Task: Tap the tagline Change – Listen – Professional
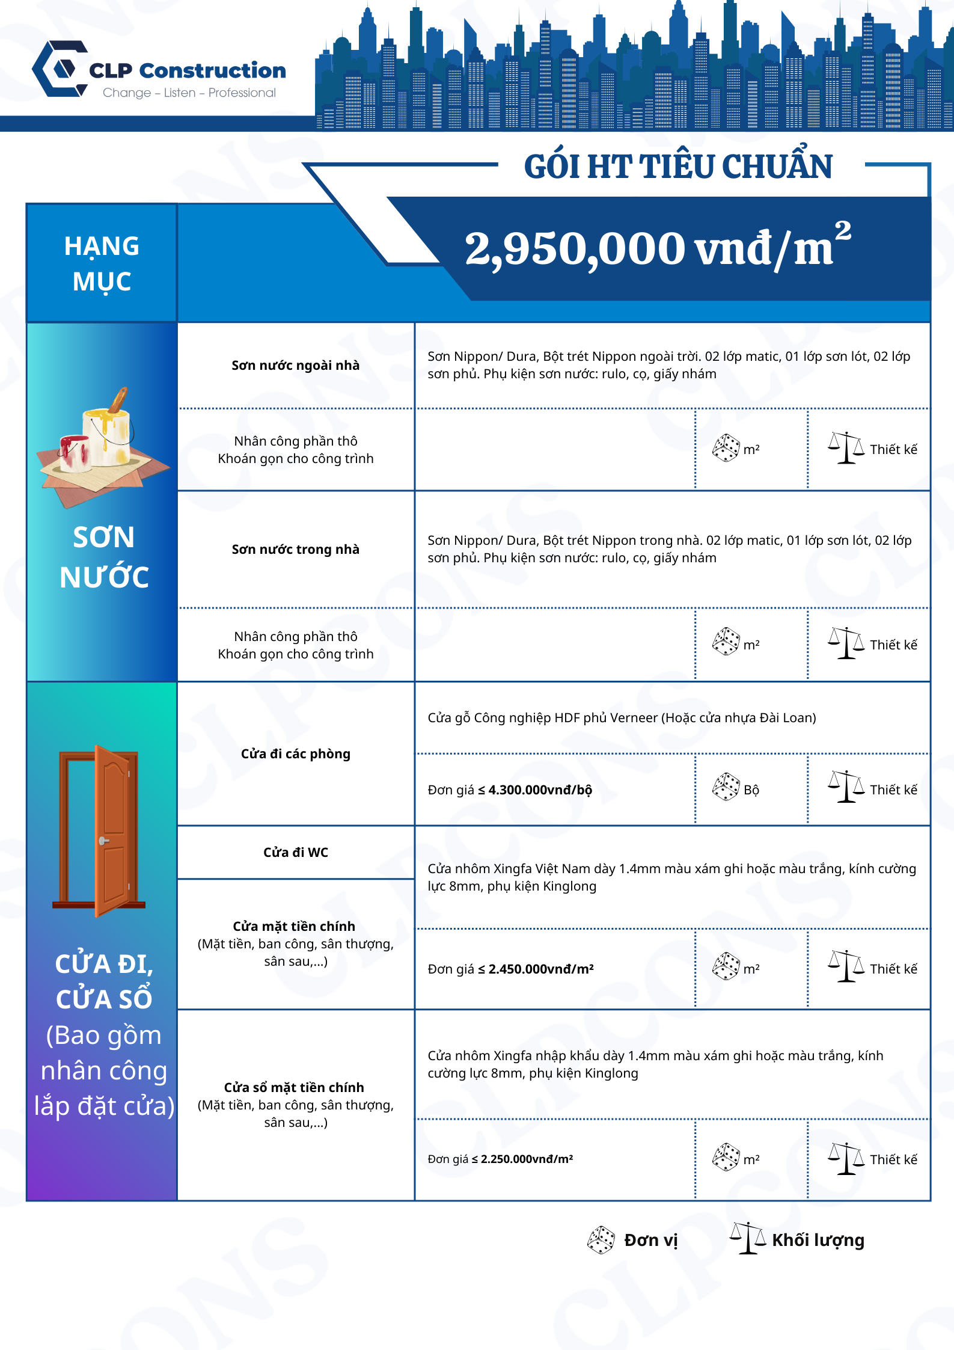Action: coord(189,93)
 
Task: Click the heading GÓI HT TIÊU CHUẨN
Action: coord(678,167)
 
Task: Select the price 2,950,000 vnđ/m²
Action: coord(658,248)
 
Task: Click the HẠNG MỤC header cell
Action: coord(102,263)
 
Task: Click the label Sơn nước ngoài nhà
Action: coord(296,365)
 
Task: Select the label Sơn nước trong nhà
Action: coord(296,549)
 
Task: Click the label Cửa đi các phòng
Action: coord(296,753)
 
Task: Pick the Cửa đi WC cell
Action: coord(296,852)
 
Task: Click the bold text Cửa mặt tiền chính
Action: coord(294,926)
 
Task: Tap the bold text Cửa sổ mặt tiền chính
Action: coord(294,1087)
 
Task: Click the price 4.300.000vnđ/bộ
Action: coord(540,790)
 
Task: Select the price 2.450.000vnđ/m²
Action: coord(541,969)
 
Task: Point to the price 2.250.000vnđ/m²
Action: coord(527,1159)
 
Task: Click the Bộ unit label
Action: coord(751,790)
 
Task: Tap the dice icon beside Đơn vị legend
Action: coord(601,1239)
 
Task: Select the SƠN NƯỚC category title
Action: coord(103,557)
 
